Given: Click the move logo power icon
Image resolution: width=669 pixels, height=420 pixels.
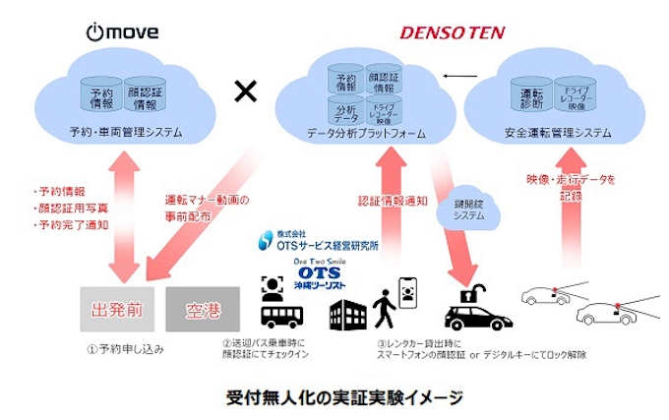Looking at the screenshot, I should (x=95, y=32).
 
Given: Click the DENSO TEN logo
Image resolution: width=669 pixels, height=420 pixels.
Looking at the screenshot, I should (x=451, y=33).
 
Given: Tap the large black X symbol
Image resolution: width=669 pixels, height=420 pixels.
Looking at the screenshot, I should (x=244, y=92).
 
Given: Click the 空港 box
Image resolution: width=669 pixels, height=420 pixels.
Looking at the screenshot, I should (x=204, y=310).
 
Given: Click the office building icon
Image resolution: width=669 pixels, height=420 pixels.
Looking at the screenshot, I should (x=343, y=312).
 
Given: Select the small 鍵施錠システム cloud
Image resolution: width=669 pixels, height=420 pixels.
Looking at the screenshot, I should (x=475, y=209).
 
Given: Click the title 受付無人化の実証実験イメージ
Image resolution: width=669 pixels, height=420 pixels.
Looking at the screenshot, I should (x=335, y=397).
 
